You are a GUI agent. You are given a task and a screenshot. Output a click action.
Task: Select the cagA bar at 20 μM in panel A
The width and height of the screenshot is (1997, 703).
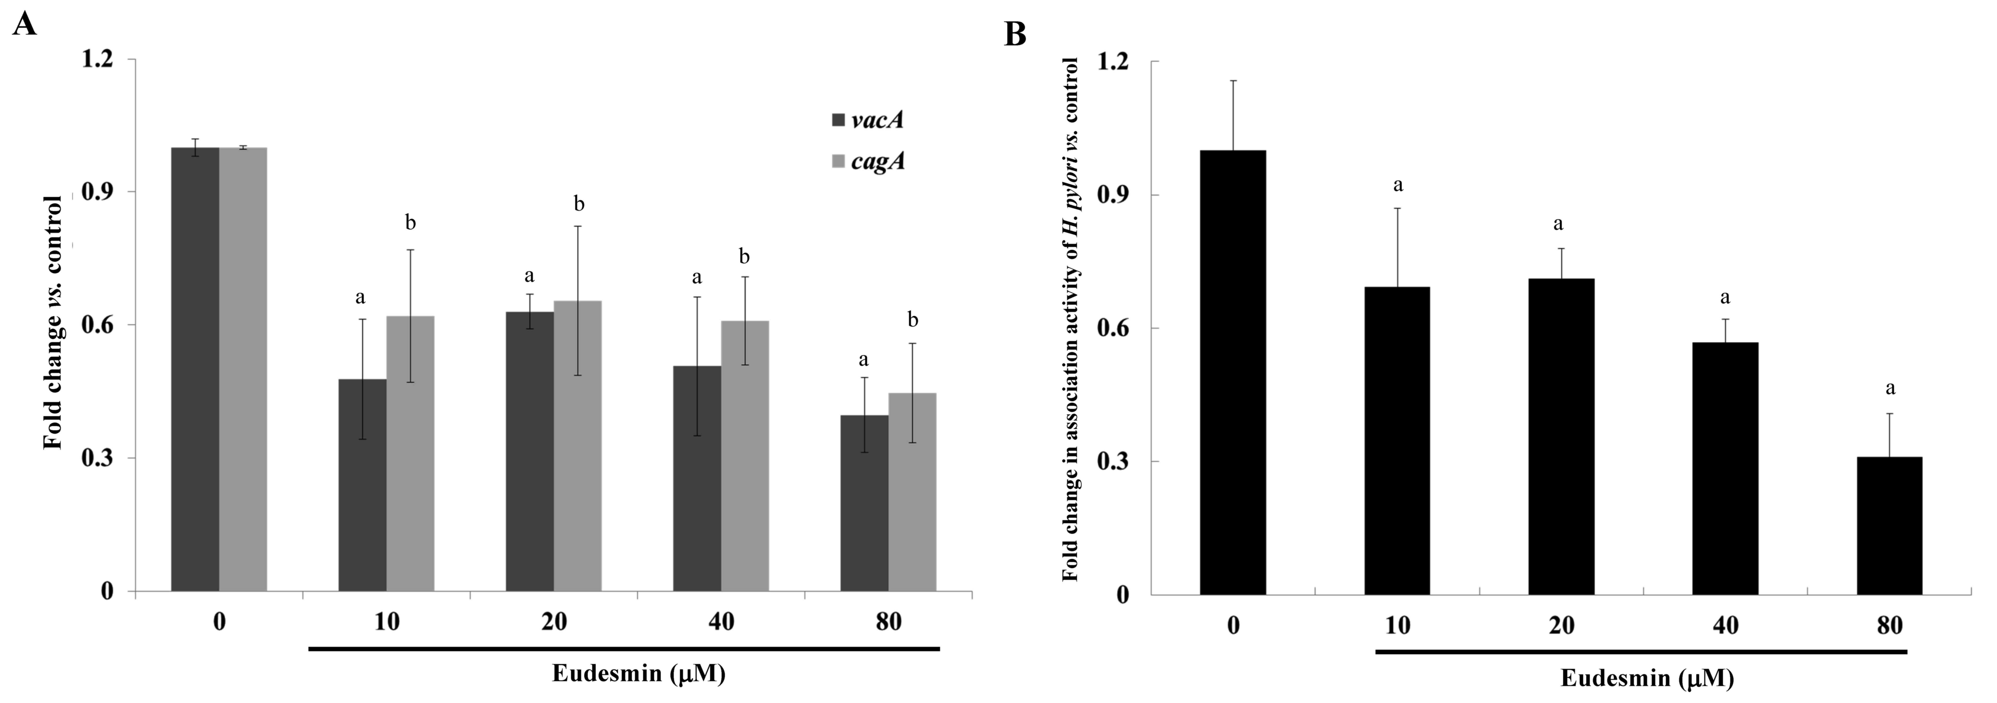pos(578,446)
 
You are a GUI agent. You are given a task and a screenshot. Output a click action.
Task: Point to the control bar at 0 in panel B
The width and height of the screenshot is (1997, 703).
pos(1233,372)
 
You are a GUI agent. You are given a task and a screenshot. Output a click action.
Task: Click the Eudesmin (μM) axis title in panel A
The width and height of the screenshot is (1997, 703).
pos(638,673)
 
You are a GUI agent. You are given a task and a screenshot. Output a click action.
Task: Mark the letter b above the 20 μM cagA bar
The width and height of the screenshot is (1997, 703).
pos(578,205)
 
